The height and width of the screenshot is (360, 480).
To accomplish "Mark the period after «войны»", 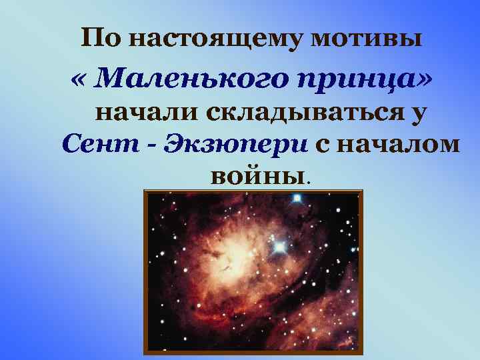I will coord(307,181).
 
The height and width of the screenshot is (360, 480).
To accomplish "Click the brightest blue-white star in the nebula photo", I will coord(279,247).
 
